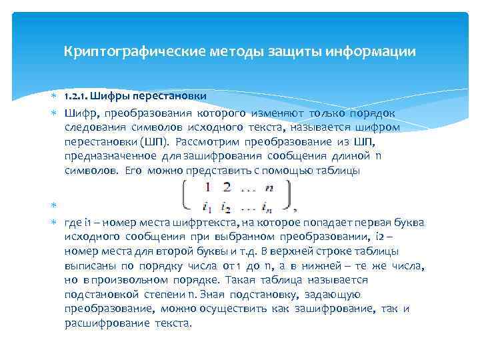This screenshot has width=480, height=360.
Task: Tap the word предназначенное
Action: tap(111, 156)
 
